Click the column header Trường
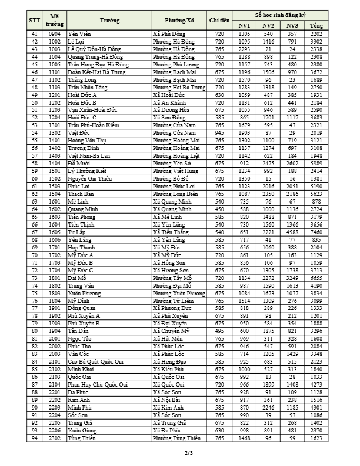[109, 20]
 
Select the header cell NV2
[268, 25]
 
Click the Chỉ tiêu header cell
[219, 20]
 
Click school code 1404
[55, 163]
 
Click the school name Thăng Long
[81, 79]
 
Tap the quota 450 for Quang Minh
[219, 209]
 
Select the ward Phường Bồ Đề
[171, 178]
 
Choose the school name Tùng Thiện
[81, 438]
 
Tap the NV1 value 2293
[244, 49]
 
